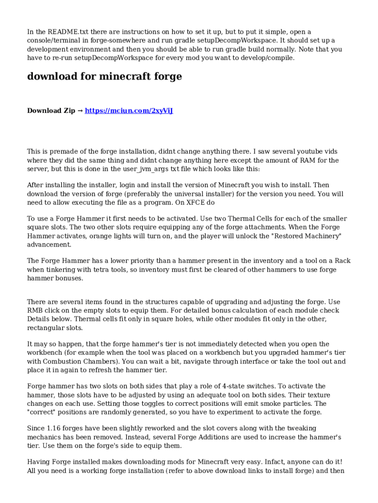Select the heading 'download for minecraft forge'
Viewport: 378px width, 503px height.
coord(104,77)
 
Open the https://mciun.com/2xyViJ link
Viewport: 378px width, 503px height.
coord(129,111)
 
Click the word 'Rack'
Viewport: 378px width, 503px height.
coord(342,260)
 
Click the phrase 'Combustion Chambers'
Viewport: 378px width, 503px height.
coord(75,362)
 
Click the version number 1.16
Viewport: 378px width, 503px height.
coord(53,428)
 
